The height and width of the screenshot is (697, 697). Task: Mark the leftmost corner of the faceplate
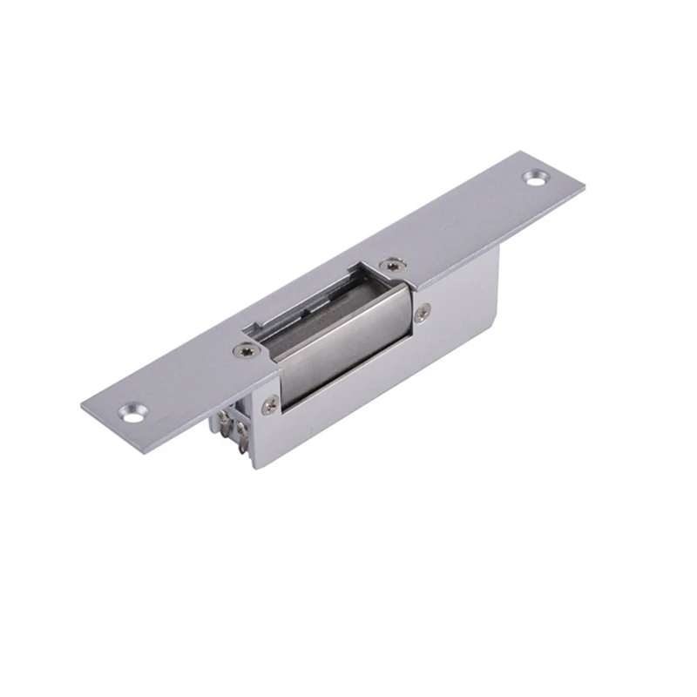click(83, 404)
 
